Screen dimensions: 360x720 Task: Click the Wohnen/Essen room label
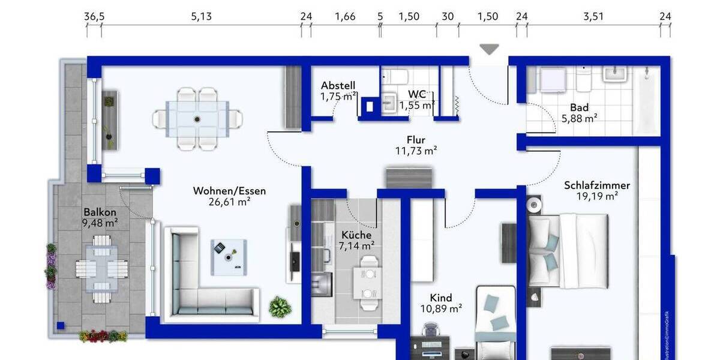(229, 191)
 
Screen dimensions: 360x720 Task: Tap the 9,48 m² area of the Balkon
(100, 223)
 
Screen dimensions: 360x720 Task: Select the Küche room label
(356, 235)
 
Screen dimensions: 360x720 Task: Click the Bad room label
(579, 108)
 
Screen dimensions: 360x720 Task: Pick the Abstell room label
(338, 85)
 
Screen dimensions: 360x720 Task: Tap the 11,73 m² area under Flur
(416, 151)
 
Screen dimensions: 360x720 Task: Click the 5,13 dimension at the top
(202, 17)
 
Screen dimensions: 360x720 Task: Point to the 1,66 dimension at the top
(345, 17)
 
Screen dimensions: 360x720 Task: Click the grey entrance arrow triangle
(490, 50)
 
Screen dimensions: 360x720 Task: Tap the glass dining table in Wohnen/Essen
(197, 118)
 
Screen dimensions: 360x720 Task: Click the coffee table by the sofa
(229, 257)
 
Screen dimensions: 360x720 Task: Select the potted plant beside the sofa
(280, 307)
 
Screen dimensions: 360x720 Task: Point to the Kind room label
(441, 298)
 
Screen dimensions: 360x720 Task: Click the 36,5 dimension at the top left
(94, 17)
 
